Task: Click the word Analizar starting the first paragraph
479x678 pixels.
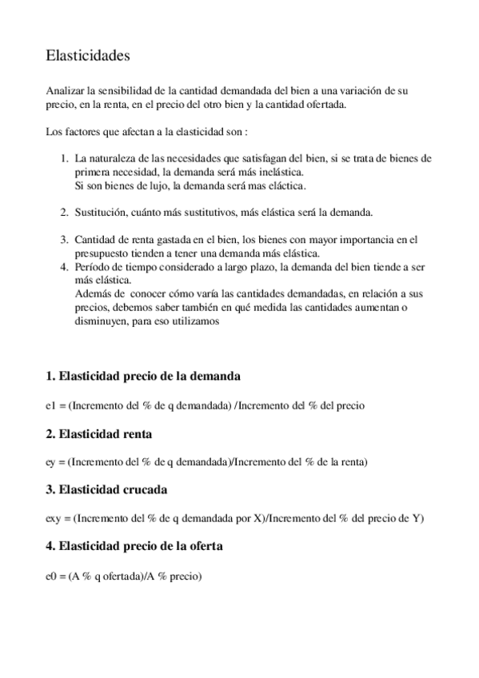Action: (65, 92)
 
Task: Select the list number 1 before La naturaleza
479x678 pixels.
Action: (65, 159)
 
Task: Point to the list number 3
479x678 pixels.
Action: (65, 238)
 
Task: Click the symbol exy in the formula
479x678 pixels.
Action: (53, 518)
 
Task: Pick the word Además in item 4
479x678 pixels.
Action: (92, 294)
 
